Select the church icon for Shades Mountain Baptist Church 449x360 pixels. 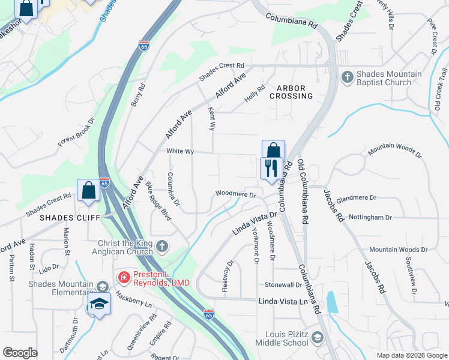coord(347,77)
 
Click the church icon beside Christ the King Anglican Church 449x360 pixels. coord(162,246)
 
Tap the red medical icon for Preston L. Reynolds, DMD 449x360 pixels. coord(123,277)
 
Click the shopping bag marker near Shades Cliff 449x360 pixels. coord(88,190)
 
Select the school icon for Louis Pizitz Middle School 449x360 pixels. coord(316,340)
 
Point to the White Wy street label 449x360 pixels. coord(180,152)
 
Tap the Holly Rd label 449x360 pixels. coord(255,93)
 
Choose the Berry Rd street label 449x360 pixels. coord(137,95)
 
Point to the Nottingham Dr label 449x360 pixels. coord(370,217)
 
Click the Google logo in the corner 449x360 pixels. coord(20,353)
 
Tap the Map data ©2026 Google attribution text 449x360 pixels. coord(411,355)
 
